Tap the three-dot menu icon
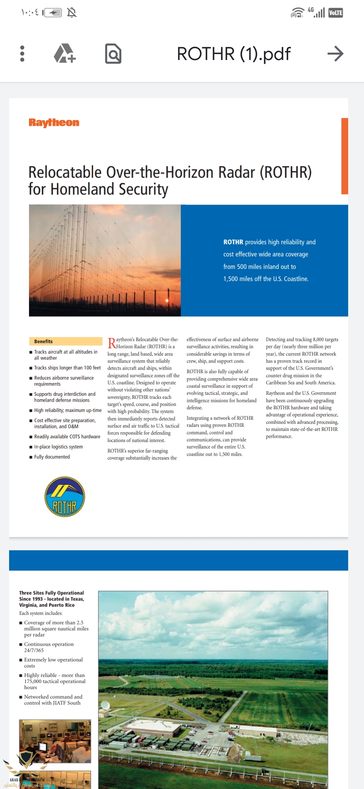[x=22, y=54]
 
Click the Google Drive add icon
[x=65, y=54]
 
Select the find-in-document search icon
[x=113, y=54]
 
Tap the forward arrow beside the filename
[x=335, y=54]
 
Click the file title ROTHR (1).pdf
[x=234, y=54]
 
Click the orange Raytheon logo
[x=54, y=123]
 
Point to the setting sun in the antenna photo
[x=167, y=300]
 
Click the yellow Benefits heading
[x=43, y=341]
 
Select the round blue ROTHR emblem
[x=65, y=497]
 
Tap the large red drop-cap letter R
[x=112, y=343]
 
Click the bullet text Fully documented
[x=52, y=457]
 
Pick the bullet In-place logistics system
[x=58, y=447]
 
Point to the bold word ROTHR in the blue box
[x=233, y=242]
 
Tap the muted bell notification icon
[x=72, y=13]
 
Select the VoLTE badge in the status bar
[x=335, y=13]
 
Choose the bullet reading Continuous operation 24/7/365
[x=49, y=647]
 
